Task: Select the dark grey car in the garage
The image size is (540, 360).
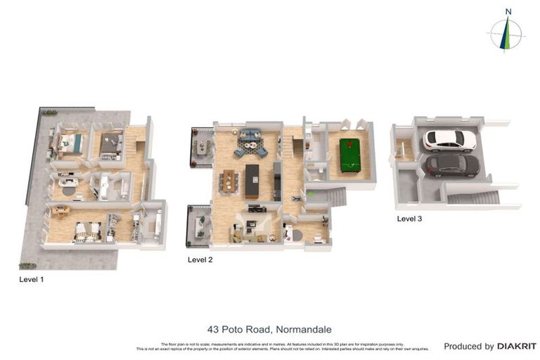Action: [452, 165]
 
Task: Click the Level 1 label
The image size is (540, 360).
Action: [32, 279]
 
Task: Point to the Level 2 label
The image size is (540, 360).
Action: [200, 259]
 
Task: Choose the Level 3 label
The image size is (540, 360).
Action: [409, 219]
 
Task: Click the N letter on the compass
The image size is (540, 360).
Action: [508, 11]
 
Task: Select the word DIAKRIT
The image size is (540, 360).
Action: [517, 346]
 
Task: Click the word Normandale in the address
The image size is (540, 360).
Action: [304, 328]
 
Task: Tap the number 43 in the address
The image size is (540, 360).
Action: [214, 328]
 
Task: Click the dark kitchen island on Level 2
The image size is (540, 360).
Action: [252, 180]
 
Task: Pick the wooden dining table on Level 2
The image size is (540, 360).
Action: [229, 181]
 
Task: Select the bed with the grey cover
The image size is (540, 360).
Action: [110, 143]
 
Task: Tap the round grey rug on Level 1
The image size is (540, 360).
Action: [68, 190]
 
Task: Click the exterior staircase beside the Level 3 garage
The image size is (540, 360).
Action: [472, 198]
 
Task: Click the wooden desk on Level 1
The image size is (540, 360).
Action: [61, 210]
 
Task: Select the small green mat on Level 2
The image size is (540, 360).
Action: [310, 194]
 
